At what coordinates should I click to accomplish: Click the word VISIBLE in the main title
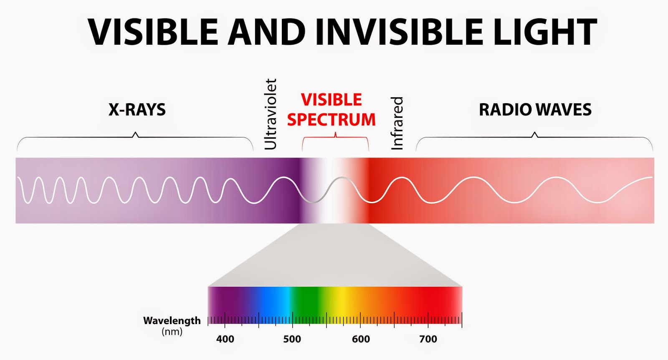pos(153,32)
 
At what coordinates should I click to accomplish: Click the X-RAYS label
pos(137,109)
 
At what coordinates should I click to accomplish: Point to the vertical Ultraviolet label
pos(271,114)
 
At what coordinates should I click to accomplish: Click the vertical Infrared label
pos(397,123)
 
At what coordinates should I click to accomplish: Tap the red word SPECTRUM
pos(331,119)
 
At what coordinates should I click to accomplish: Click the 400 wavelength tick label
pos(225,339)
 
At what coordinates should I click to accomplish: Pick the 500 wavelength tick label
pos(292,339)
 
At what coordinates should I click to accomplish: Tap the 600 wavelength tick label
pos(361,339)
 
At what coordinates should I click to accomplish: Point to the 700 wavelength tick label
pos(428,339)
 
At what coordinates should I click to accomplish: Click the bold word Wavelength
pos(172,321)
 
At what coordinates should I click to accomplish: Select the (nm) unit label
pos(172,332)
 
